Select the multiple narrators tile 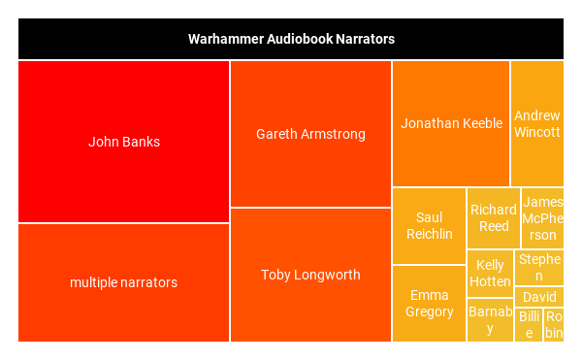point(123,282)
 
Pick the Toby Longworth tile point(310,275)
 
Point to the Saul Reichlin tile point(429,226)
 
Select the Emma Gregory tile point(429,303)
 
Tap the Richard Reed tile point(494,218)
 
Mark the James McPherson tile point(542,218)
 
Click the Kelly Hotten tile point(490,274)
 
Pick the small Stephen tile point(539,267)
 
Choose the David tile point(539,297)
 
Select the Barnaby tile point(490,319)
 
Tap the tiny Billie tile point(529,325)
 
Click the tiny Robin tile point(554,325)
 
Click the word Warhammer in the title point(220,40)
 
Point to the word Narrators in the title point(363,40)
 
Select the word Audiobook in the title point(292,40)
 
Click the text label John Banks point(124,142)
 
